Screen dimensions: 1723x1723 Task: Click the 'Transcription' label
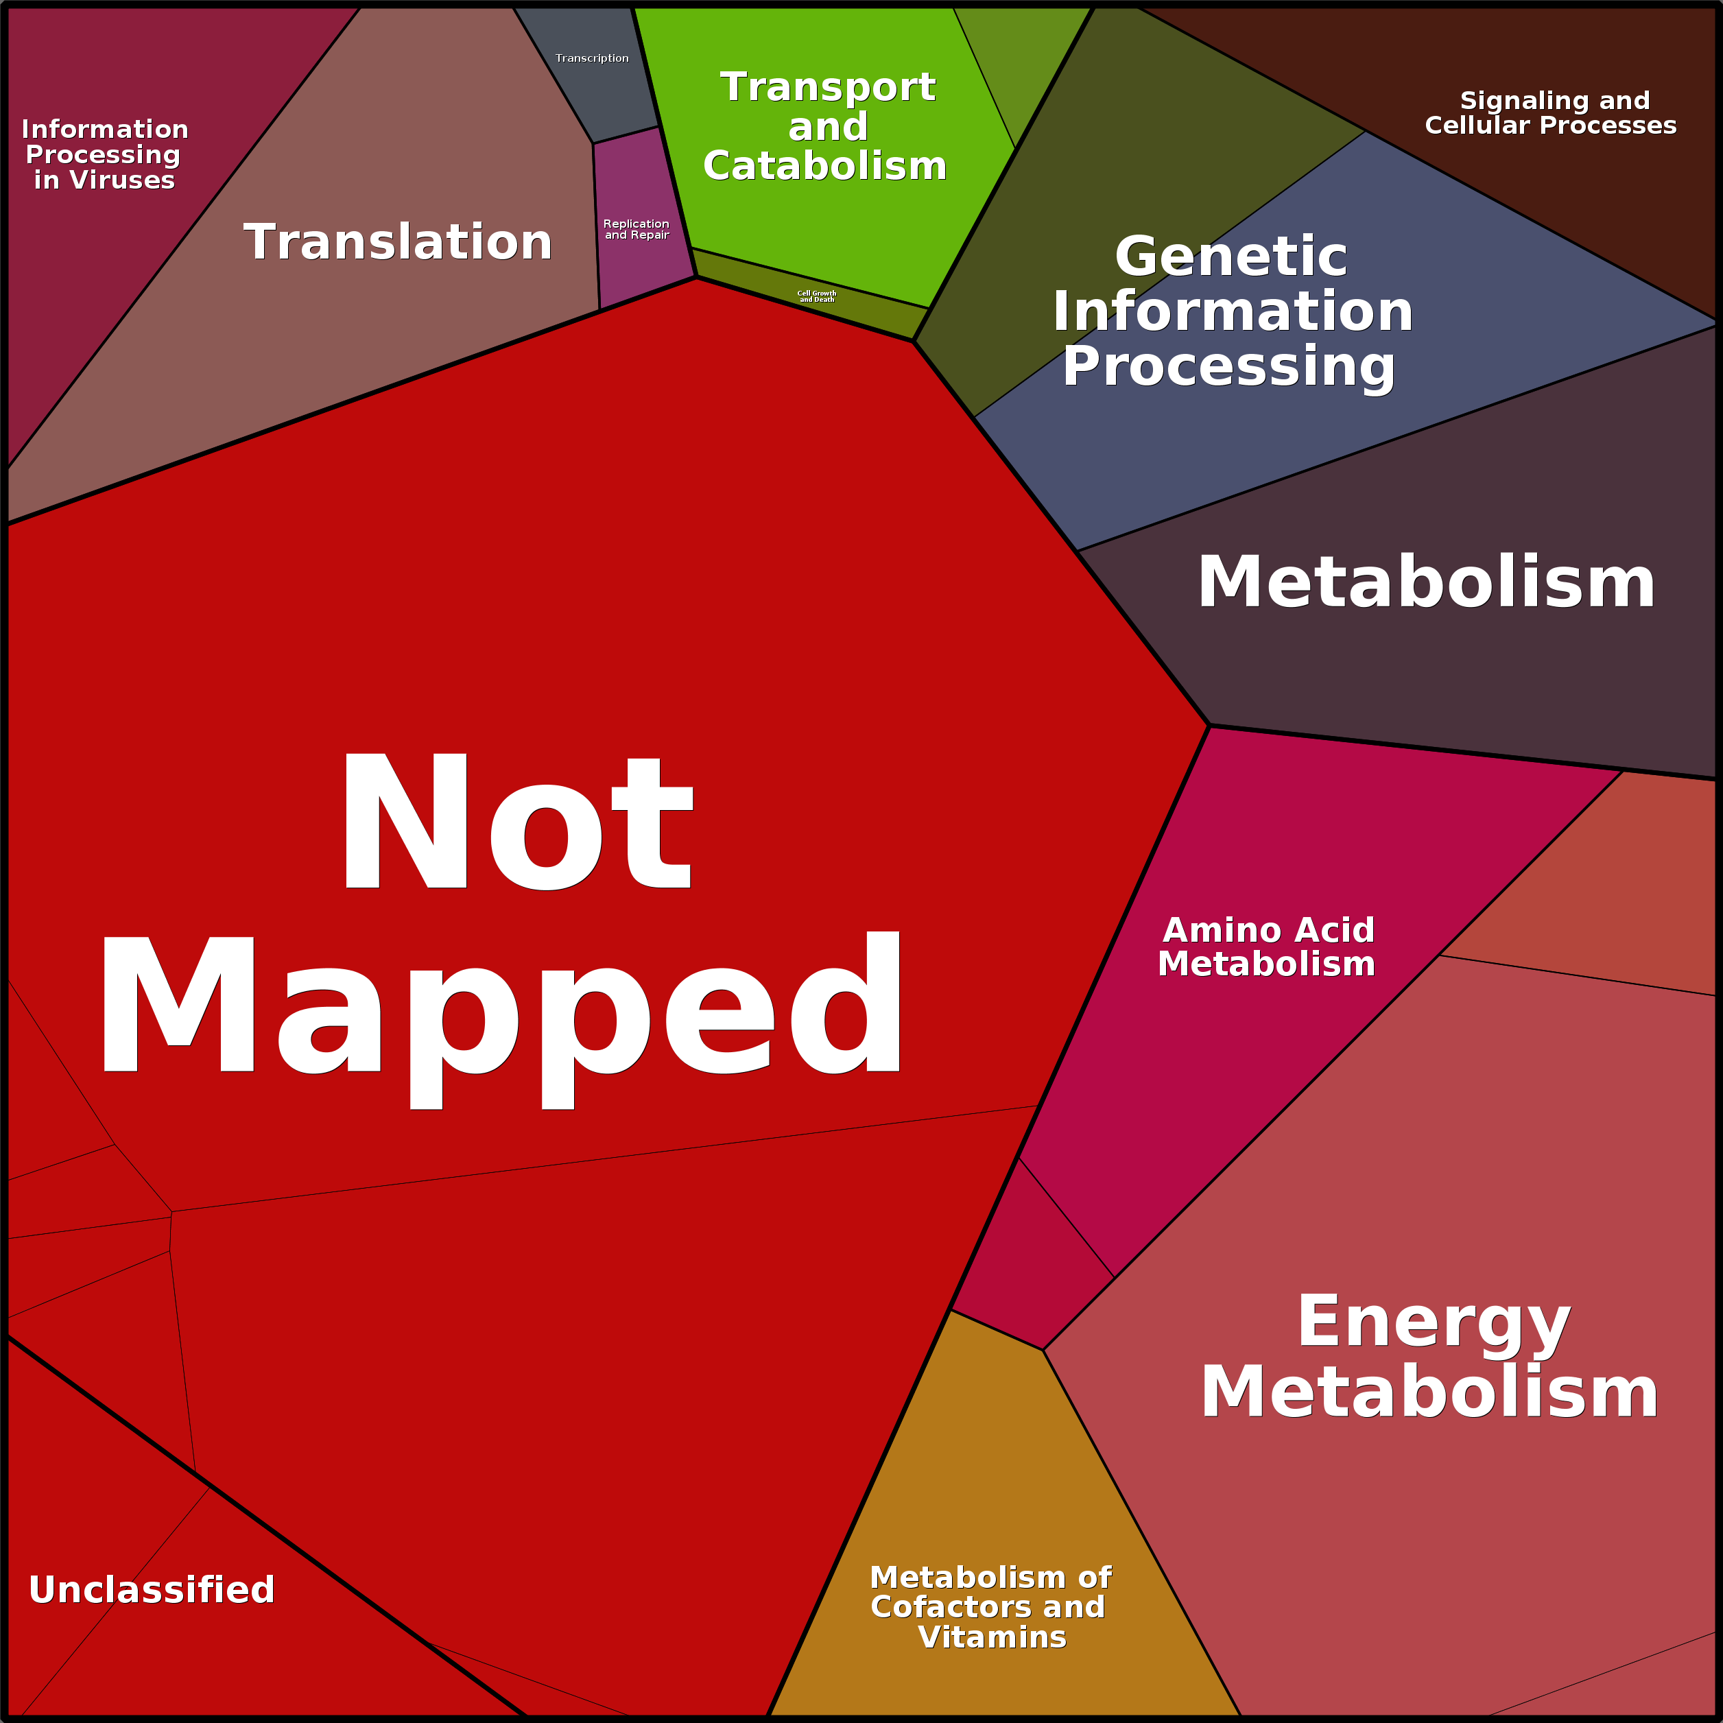click(592, 58)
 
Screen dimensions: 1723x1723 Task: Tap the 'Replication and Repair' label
click(636, 229)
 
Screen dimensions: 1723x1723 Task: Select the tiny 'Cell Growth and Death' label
click(817, 296)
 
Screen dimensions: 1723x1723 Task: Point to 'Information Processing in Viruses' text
click(104, 154)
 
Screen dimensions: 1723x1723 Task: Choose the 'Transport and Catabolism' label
click(826, 127)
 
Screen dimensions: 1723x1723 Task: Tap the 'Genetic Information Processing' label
click(1232, 311)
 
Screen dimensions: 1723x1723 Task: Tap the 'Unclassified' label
click(152, 1589)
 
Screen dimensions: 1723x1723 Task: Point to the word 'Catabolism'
click(825, 167)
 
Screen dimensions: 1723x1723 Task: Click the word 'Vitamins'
click(992, 1637)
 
